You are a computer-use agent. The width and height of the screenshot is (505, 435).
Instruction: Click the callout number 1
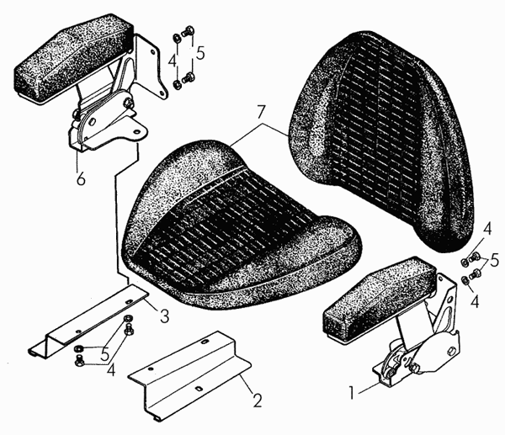(352, 393)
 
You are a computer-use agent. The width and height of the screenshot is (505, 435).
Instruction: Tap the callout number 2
(257, 401)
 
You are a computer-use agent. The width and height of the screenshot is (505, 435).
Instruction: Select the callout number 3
(164, 316)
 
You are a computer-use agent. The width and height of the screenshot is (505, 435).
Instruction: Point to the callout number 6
(81, 178)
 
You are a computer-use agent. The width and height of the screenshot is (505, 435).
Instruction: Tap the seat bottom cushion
(242, 225)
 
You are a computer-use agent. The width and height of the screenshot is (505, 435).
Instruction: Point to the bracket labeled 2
(190, 375)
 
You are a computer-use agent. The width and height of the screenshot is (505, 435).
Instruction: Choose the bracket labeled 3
(88, 321)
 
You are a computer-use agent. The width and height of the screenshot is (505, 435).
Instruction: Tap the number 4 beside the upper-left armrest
(173, 61)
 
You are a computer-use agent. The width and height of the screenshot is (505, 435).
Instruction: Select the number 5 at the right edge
(494, 261)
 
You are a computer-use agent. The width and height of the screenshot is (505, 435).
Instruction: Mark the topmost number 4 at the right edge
(487, 230)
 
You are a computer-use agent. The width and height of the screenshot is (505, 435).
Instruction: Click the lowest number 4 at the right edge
(475, 302)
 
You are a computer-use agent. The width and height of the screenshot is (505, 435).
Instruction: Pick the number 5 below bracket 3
(105, 355)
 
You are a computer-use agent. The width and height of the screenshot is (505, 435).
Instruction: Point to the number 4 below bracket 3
(111, 370)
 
